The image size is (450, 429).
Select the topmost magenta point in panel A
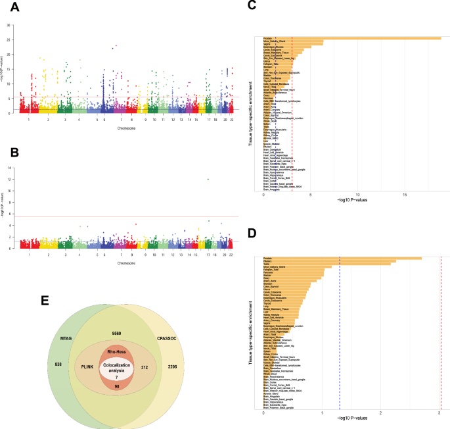[x=116, y=45]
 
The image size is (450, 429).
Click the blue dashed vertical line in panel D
[x=340, y=329]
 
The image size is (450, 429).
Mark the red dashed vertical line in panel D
[x=440, y=329]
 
